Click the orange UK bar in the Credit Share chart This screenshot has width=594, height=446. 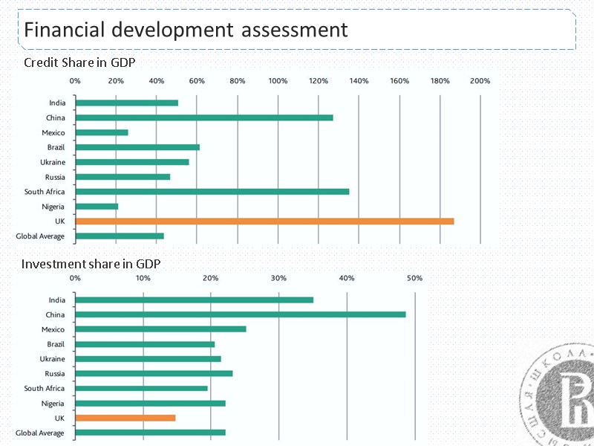tap(264, 221)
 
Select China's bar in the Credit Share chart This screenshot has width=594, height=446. tap(204, 117)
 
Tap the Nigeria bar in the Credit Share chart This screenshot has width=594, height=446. tap(97, 206)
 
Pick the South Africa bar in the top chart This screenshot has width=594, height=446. tap(212, 191)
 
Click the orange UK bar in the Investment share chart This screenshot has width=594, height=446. tap(125, 418)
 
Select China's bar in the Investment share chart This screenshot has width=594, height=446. tap(241, 314)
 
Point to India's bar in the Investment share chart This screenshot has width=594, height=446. tap(195, 300)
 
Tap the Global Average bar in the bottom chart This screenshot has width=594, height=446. tap(150, 432)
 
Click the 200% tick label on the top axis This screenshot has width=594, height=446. tap(480, 80)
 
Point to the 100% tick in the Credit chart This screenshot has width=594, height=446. tap(278, 80)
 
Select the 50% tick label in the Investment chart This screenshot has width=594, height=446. tap(414, 278)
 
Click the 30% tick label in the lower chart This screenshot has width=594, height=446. tap(278, 278)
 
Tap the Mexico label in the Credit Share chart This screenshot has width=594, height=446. tap(53, 132)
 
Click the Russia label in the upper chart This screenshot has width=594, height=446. tap(54, 177)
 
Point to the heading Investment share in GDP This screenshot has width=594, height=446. tap(91, 264)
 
